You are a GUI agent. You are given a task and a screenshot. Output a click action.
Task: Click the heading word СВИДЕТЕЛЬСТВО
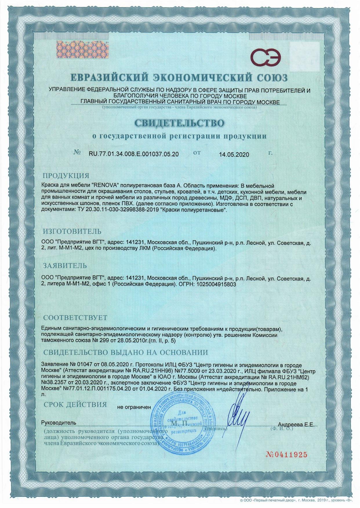180,123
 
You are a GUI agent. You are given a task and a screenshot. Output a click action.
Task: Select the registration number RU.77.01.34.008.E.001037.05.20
134,154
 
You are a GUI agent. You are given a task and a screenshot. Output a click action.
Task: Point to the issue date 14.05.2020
234,154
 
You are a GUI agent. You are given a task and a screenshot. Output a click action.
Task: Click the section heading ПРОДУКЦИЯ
66,176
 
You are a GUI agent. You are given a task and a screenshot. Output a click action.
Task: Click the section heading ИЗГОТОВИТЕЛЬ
72,231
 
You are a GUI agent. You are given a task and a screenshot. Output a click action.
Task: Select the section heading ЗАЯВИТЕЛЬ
65,265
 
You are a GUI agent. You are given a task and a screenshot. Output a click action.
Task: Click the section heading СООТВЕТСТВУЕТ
75,318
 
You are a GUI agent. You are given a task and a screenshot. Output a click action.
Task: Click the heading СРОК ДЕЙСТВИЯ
75,404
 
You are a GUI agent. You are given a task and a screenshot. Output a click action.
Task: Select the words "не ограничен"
134,407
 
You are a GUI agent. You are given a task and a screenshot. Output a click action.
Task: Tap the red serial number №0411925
286,454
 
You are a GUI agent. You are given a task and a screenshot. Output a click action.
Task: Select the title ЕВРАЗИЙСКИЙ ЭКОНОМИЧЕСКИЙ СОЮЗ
180,78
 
